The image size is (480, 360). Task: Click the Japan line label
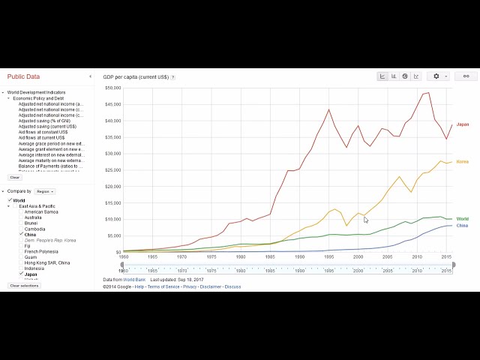(462, 124)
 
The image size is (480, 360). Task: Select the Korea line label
(462, 162)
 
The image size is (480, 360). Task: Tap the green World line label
(462, 219)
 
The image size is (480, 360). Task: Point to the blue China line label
(462, 226)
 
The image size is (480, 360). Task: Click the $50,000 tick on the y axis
(112, 88)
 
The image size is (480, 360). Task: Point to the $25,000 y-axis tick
(112, 170)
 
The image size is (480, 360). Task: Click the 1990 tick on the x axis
(299, 257)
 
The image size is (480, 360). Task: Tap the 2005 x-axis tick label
(387, 257)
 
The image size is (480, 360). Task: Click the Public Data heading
(24, 76)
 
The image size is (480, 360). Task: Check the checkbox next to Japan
(21, 274)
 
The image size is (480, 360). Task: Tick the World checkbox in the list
(9, 200)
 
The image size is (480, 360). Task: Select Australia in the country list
(33, 217)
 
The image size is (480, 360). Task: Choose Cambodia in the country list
(34, 229)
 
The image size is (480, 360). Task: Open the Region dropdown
(44, 191)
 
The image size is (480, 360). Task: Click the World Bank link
(134, 279)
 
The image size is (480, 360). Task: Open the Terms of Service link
(163, 286)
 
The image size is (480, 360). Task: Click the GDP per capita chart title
(136, 76)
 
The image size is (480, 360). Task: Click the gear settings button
(438, 76)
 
